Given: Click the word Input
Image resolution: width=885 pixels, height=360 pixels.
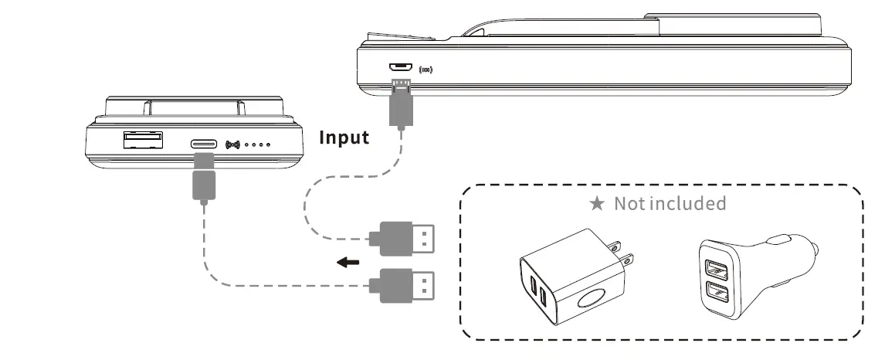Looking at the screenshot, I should [344, 138].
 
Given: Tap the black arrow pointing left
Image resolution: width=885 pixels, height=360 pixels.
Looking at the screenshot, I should [348, 263].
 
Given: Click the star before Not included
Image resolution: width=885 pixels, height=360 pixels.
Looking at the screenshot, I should [596, 204].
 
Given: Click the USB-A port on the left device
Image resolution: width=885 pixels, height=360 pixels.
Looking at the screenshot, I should [142, 140].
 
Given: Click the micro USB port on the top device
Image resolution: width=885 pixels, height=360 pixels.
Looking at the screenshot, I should [399, 68].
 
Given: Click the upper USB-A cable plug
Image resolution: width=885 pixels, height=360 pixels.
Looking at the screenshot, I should [402, 238].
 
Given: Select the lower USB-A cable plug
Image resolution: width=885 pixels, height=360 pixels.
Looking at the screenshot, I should [402, 285].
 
